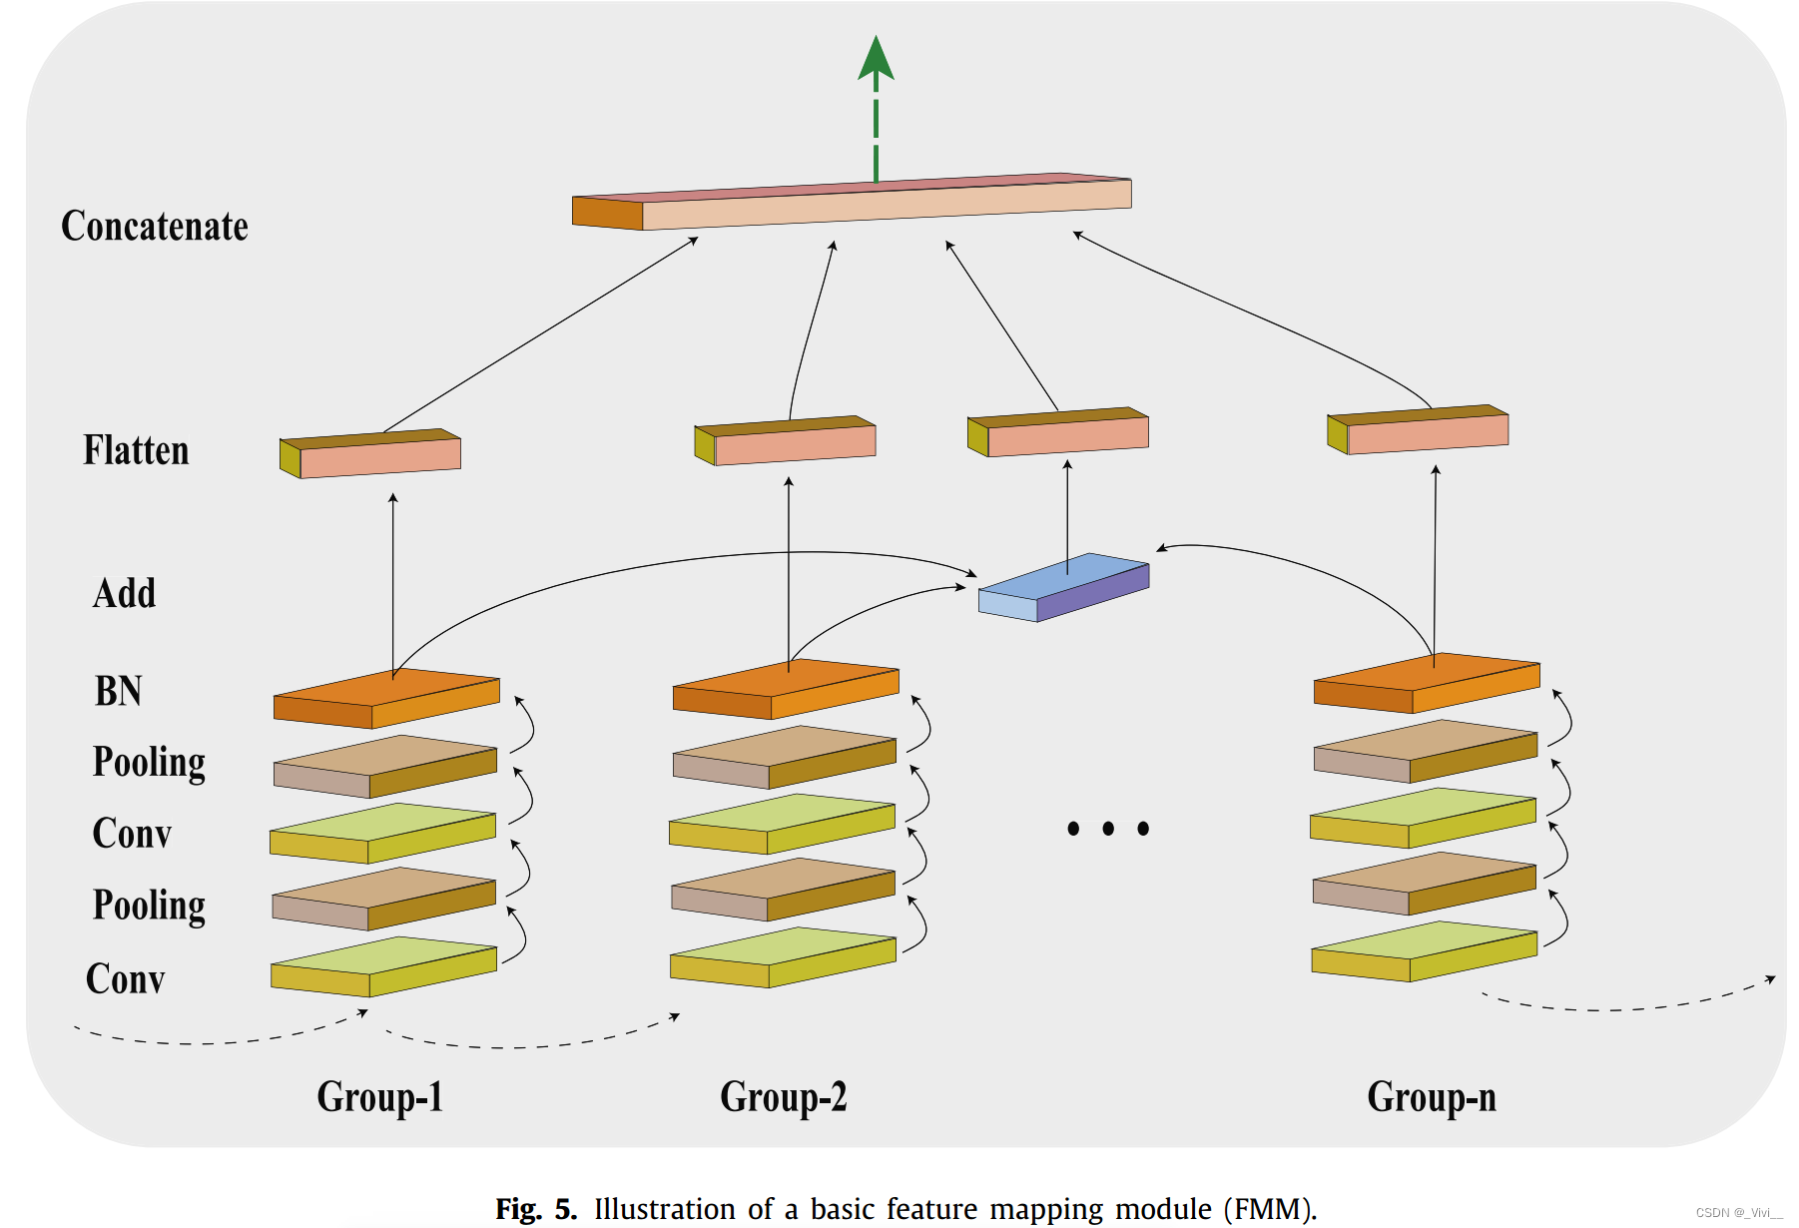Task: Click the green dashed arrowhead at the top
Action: [x=876, y=58]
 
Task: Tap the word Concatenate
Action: [x=155, y=227]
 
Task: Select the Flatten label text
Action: [x=136, y=450]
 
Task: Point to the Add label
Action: [x=125, y=593]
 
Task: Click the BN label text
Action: [x=119, y=691]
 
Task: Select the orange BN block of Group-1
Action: [x=386, y=698]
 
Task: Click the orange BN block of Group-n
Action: [x=1427, y=683]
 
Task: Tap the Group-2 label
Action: [x=784, y=1097]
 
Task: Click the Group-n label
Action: [x=1432, y=1097]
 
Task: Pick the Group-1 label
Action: [x=379, y=1097]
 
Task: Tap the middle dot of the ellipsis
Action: [x=1108, y=829]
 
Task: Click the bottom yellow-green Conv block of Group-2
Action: [x=783, y=958]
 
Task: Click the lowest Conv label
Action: [x=125, y=979]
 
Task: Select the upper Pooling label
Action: [x=149, y=763]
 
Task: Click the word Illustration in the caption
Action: [x=665, y=1209]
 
